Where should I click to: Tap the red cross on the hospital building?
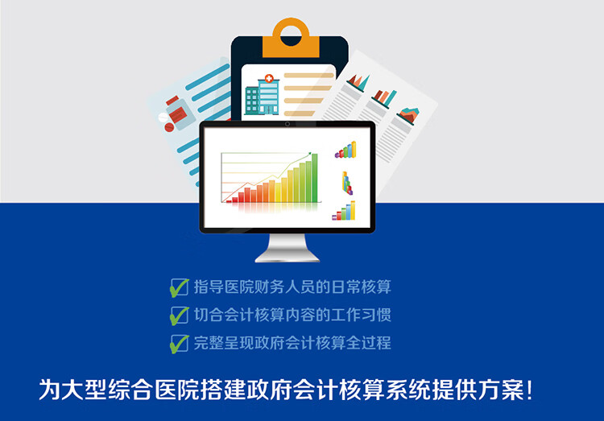pyautogui.click(x=269, y=79)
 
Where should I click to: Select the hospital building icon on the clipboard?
pyautogui.click(x=263, y=95)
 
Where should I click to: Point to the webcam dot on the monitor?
pyautogui.click(x=288, y=124)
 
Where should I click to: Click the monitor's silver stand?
pyautogui.click(x=288, y=248)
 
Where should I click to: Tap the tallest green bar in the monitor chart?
pyautogui.click(x=315, y=178)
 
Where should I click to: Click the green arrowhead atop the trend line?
pyautogui.click(x=309, y=154)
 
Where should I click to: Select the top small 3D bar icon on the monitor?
pyautogui.click(x=345, y=150)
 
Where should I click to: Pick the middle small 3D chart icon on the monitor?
pyautogui.click(x=347, y=183)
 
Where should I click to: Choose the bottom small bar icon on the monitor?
pyautogui.click(x=344, y=211)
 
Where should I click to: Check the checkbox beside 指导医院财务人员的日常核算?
pyautogui.click(x=179, y=287)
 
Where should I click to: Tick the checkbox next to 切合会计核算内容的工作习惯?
pyautogui.click(x=179, y=316)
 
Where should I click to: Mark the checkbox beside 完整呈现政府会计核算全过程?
pyautogui.click(x=179, y=344)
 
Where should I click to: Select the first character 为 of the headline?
pyautogui.click(x=50, y=390)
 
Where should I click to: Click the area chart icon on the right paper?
pyautogui.click(x=408, y=116)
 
